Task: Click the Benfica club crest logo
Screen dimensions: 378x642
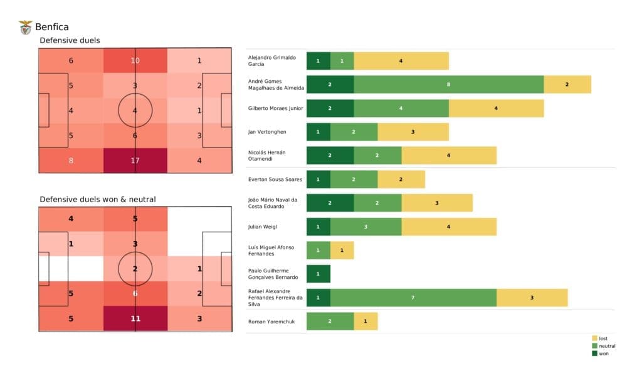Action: (26, 27)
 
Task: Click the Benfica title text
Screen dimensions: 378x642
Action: (52, 27)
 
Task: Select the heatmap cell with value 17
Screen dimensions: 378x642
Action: (135, 160)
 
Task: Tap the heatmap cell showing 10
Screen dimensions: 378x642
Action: (135, 60)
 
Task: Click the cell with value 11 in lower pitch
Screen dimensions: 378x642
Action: (135, 318)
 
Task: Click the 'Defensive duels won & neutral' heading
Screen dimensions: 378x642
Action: (98, 199)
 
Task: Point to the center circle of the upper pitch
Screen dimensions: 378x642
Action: (135, 111)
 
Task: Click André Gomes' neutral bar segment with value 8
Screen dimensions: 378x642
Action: (448, 84)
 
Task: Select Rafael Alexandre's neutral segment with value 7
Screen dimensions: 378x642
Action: (413, 298)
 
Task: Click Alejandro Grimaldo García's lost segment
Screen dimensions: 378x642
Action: (401, 61)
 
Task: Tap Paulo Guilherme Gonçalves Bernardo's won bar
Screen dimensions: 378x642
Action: (318, 274)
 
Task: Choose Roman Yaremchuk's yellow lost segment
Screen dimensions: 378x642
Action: (366, 321)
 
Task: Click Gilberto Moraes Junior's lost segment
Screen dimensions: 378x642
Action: (496, 108)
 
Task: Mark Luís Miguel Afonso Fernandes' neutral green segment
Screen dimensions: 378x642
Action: (318, 250)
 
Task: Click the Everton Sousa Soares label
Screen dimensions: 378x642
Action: (275, 180)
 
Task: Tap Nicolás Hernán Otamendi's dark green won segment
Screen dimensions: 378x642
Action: (330, 155)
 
